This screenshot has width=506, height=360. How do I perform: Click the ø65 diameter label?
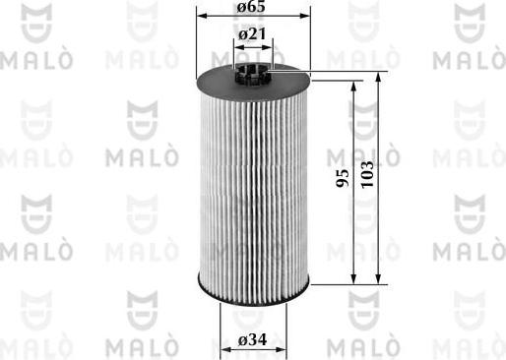click(253, 8)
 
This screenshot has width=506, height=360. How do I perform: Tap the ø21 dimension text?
click(253, 35)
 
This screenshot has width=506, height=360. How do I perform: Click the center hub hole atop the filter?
click(253, 69)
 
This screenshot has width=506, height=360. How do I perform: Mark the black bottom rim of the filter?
click(253, 294)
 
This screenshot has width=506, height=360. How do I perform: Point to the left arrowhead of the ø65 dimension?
click(201, 18)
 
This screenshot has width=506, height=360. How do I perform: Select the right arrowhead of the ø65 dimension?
click(306, 18)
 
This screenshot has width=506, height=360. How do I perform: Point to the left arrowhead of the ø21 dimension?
click(237, 45)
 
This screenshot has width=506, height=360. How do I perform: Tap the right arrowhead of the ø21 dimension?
click(271, 45)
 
